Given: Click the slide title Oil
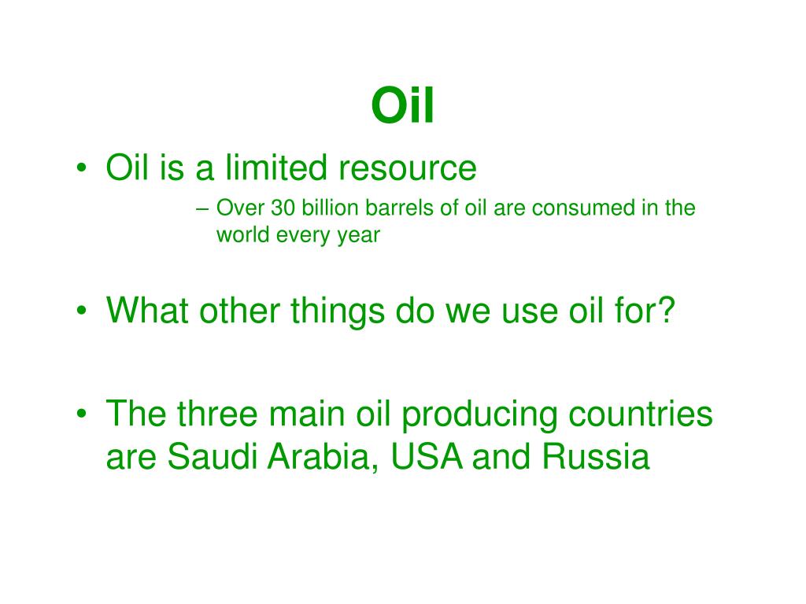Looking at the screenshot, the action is pyautogui.click(x=402, y=107).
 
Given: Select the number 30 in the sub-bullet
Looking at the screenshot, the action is pyautogui.click(x=282, y=209).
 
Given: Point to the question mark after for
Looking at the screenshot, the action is pyautogui.click(x=667, y=313).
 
